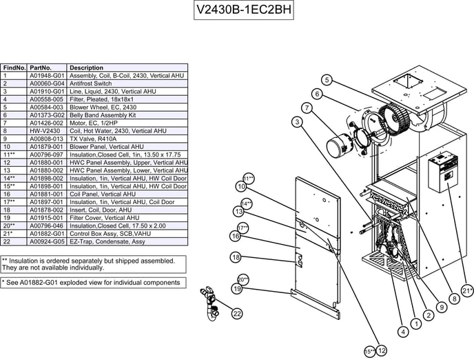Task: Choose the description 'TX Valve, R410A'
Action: tap(92, 139)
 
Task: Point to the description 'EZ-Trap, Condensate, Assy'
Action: tap(107, 242)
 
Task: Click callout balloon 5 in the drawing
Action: tap(327, 80)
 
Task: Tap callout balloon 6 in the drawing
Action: tap(317, 94)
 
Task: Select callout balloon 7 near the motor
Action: tap(307, 108)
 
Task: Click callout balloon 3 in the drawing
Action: tap(296, 122)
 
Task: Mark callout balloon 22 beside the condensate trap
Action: tap(237, 314)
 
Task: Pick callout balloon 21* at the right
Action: tap(467, 291)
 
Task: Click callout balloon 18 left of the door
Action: tap(235, 257)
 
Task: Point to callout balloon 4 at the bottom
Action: tap(403, 332)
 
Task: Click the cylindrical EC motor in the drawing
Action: tap(338, 147)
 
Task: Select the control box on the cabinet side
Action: tap(442, 171)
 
